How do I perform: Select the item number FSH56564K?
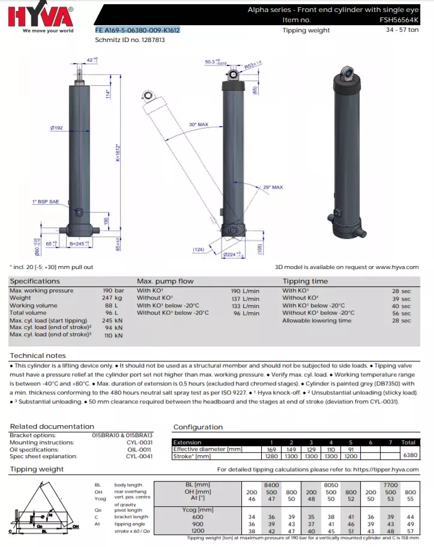tap(400, 20)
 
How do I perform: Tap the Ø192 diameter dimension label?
tap(57, 127)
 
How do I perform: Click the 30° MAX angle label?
tap(199, 125)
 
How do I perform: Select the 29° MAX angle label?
tap(273, 187)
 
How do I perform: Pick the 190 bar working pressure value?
tap(113, 291)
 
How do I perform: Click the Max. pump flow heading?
tap(165, 281)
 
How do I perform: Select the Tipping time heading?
tap(305, 281)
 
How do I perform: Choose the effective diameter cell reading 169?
tap(271, 449)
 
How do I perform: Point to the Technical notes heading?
tap(38, 356)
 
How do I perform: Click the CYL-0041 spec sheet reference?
tap(139, 456)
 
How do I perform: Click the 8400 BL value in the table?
tap(272, 484)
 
